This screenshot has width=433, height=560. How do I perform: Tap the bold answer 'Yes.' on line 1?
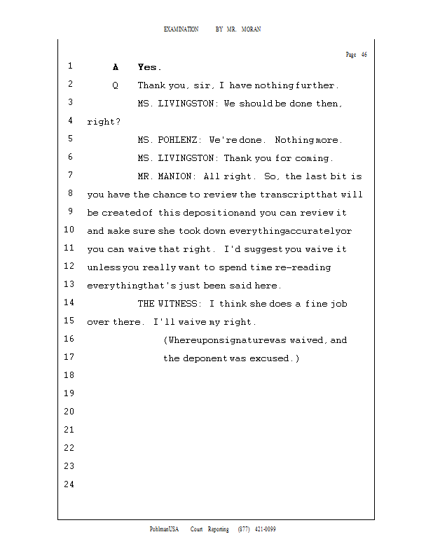point(149,67)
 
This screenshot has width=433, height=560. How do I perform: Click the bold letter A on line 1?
point(116,67)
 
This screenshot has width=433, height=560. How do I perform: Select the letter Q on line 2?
point(115,85)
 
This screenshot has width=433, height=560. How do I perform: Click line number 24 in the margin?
point(69,484)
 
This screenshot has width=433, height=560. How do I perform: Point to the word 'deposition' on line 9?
point(214,213)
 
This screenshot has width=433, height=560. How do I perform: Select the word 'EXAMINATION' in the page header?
point(181,29)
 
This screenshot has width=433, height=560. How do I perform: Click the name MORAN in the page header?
point(251,29)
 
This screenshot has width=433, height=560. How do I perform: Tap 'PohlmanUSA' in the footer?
point(165,529)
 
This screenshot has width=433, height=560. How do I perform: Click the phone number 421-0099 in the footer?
point(264,529)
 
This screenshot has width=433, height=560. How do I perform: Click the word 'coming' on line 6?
point(314,158)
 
